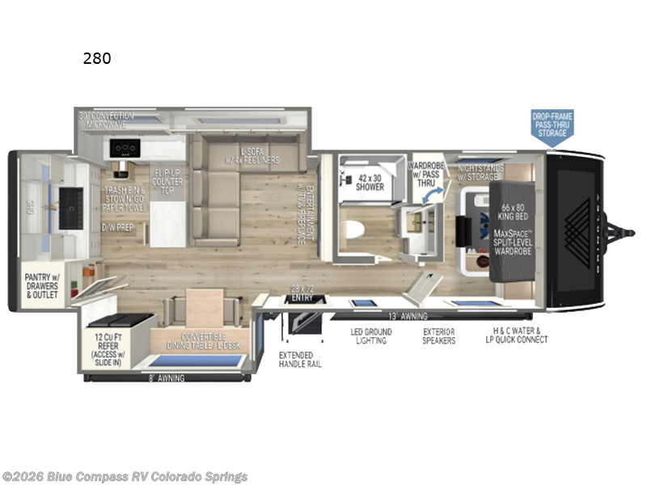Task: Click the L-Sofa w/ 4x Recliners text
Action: point(260,155)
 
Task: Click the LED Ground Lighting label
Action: point(371,335)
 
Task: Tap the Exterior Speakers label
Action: point(439,335)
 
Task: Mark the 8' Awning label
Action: point(168,377)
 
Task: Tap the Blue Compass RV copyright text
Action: point(125,477)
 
